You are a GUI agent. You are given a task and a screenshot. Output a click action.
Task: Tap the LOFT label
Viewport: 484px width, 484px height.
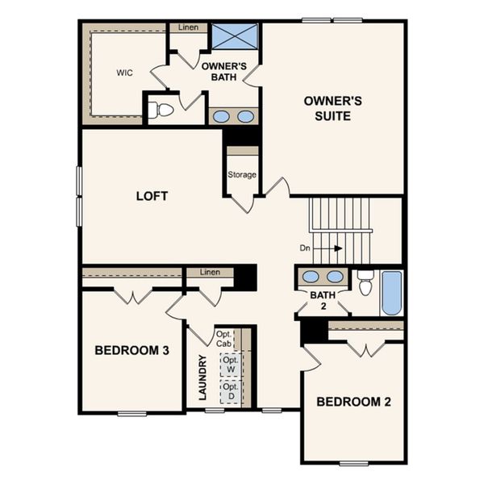152,196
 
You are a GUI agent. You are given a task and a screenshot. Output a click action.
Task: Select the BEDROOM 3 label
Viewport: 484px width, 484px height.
131,350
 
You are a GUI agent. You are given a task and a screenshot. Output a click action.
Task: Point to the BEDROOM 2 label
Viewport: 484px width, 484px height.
353,402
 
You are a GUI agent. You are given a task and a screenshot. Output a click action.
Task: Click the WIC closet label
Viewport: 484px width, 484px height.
124,73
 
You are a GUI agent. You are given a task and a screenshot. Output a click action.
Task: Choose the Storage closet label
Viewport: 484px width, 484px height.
242,174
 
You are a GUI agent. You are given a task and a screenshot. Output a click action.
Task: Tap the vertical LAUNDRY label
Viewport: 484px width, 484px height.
203,378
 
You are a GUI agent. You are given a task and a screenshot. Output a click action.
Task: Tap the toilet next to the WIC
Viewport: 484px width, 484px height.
162,110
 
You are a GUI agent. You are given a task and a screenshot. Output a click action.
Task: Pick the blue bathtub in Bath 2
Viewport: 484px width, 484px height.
391,293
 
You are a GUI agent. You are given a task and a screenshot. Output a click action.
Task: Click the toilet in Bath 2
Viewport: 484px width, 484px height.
365,284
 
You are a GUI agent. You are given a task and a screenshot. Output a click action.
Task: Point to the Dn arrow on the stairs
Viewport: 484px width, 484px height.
330,249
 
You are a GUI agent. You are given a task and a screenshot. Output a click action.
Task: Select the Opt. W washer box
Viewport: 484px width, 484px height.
232,364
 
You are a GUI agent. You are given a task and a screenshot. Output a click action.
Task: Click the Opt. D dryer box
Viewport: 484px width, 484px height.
232,391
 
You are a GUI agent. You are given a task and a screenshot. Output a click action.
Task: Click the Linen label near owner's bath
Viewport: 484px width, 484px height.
188,27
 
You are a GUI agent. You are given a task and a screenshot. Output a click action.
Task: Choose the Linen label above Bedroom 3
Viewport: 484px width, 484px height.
210,273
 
